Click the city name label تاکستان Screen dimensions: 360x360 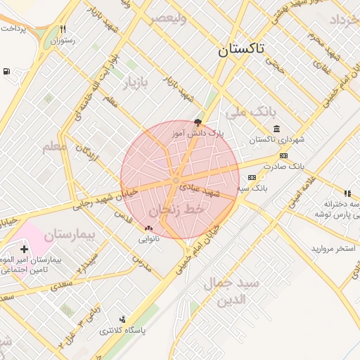(241, 49)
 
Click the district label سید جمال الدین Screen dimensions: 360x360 (232, 291)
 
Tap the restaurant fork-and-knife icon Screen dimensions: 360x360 (63, 30)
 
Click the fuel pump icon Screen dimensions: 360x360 (6, 71)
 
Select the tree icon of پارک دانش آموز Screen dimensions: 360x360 (197, 122)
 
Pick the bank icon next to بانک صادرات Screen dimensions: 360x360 (283, 155)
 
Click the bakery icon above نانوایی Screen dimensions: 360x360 (148, 228)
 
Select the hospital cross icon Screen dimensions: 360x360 (25, 249)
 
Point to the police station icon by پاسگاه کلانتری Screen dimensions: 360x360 (124, 319)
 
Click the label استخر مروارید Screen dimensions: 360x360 (334, 249)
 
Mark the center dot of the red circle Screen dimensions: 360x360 (176, 181)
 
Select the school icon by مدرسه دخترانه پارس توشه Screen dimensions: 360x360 (347, 193)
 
